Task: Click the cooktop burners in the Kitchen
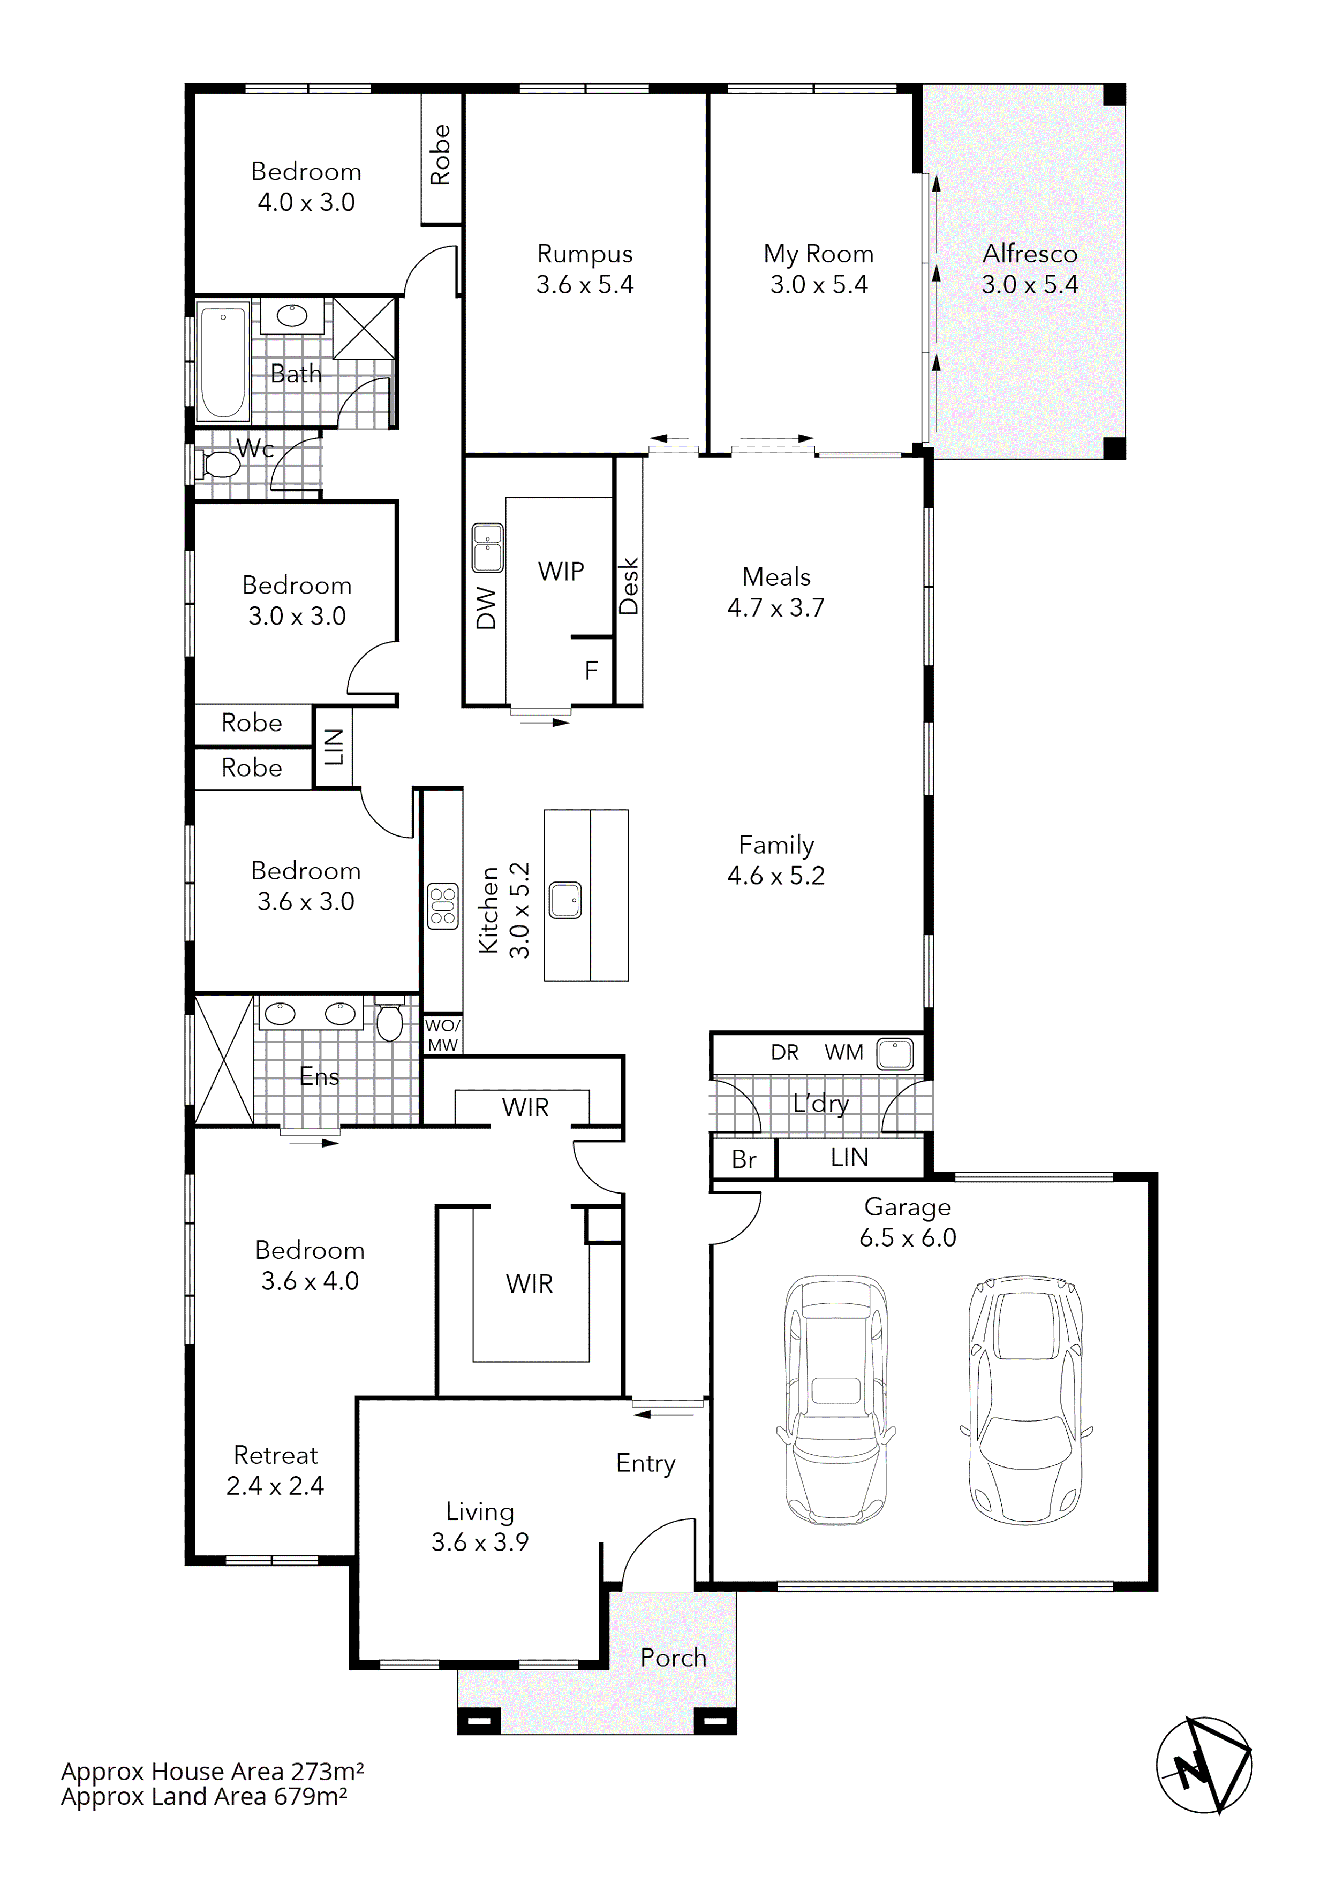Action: (x=442, y=906)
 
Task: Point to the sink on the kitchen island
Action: (x=565, y=899)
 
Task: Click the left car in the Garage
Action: (x=835, y=1398)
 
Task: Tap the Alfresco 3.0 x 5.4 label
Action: (x=1030, y=269)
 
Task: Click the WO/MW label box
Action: (x=442, y=1035)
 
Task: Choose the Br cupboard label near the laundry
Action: (x=743, y=1159)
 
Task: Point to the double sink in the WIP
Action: (x=488, y=548)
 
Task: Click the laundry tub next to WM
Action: (x=895, y=1054)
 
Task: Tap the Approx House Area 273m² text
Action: (x=213, y=1772)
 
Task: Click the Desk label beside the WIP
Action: (x=629, y=586)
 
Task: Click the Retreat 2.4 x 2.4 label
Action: (x=276, y=1470)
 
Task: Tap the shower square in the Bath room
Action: (x=364, y=327)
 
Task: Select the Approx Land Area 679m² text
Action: (x=205, y=1796)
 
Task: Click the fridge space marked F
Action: (x=591, y=670)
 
